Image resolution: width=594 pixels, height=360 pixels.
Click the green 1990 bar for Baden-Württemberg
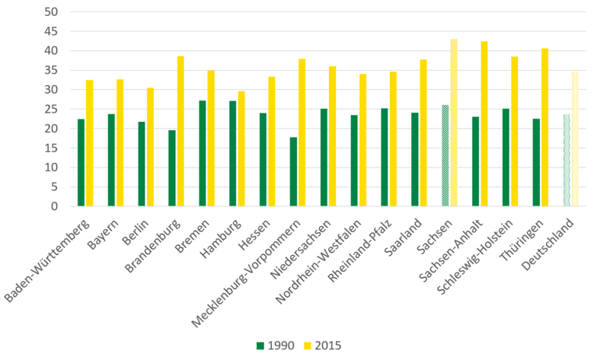[x=81, y=162]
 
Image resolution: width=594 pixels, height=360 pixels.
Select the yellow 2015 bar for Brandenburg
[x=180, y=131]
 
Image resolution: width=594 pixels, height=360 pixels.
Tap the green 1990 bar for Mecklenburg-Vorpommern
[x=293, y=171]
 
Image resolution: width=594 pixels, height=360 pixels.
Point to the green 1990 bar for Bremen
[x=203, y=153]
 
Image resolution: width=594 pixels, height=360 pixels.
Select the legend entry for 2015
[x=323, y=346]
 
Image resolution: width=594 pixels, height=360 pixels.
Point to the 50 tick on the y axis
[x=51, y=12]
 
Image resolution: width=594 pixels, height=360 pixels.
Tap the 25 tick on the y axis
[x=51, y=109]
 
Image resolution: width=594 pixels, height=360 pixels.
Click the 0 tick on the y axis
[x=54, y=206]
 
